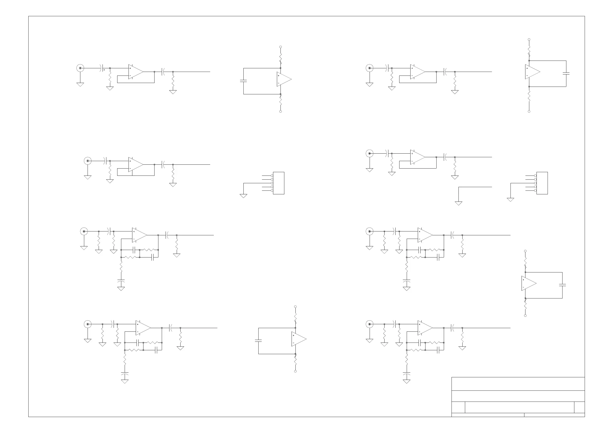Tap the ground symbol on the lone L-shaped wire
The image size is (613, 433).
[458, 203]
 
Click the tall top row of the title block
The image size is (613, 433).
[518, 384]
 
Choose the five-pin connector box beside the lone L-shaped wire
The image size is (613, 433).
[542, 183]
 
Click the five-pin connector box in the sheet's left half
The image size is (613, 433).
[278, 183]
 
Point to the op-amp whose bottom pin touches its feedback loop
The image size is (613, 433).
[135, 164]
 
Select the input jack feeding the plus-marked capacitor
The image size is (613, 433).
[80, 68]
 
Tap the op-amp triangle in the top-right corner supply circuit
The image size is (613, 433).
[532, 72]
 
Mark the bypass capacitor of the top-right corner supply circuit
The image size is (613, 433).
[566, 73]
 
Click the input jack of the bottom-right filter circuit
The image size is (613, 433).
[370, 324]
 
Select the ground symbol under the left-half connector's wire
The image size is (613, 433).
[243, 196]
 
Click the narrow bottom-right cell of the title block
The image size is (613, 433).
[554, 415]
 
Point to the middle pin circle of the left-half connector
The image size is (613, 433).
[272, 183]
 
